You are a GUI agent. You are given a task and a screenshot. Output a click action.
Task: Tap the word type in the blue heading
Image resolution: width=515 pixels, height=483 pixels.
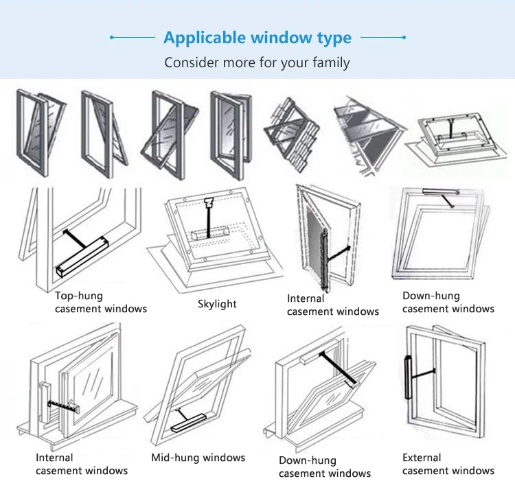click(334, 38)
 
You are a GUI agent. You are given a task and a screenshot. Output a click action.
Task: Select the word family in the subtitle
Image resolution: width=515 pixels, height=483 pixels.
click(331, 62)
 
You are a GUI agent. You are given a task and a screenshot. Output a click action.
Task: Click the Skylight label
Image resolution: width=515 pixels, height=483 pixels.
click(217, 304)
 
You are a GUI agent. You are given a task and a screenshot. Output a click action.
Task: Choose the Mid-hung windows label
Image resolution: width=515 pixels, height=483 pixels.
click(198, 458)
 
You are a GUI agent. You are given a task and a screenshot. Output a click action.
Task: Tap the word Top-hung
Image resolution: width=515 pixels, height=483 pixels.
click(79, 296)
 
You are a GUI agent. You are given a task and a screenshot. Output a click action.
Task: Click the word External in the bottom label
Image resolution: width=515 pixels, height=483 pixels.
click(422, 458)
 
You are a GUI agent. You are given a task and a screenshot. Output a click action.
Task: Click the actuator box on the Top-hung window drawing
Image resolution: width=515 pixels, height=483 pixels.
click(82, 257)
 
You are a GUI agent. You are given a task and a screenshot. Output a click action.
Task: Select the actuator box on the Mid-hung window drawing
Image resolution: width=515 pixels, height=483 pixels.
click(188, 423)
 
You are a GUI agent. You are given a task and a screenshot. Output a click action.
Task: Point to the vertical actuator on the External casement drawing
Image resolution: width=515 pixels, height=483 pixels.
click(409, 377)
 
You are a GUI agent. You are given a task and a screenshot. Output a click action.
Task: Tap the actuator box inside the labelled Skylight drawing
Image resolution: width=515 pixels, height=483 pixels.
click(210, 233)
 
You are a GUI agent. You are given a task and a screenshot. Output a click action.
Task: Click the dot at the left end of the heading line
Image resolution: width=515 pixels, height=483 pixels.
click(112, 38)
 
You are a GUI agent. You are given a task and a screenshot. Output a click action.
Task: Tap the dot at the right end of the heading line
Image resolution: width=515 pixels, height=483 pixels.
click(404, 38)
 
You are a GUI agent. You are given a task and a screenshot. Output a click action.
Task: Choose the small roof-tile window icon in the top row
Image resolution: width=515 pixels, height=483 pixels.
click(291, 134)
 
